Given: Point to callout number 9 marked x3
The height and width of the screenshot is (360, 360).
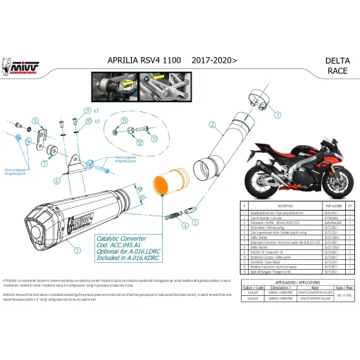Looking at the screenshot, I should [x=87, y=111].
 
